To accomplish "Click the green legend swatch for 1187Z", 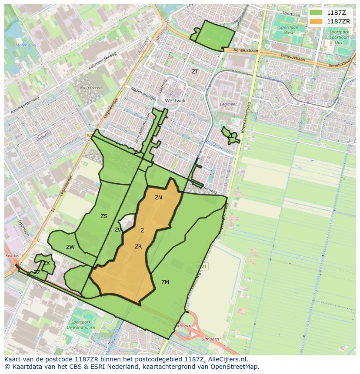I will click(316, 13).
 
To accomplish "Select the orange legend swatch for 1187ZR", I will click(316, 21).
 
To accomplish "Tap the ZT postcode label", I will click(195, 72).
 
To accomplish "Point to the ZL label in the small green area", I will click(230, 136).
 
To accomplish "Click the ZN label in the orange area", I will click(158, 198).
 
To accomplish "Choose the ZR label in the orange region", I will click(138, 247).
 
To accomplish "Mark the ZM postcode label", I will click(165, 282).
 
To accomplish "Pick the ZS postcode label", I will click(104, 216).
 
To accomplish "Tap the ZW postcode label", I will click(70, 247).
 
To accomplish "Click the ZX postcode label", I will click(47, 263).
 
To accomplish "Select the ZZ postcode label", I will click(37, 272).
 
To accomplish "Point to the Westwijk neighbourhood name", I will click(175, 100).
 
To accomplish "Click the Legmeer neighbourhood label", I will click(227, 104).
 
